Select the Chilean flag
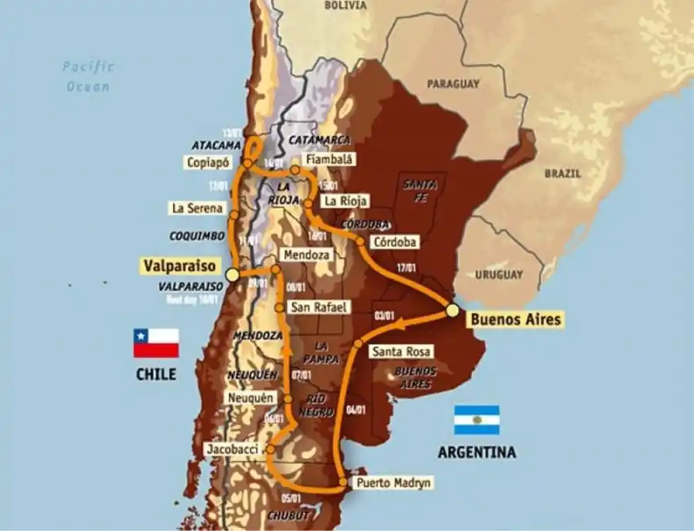(x=156, y=343)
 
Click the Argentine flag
(x=476, y=420)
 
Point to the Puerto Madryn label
(x=392, y=483)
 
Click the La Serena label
(x=197, y=208)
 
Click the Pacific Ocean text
(x=89, y=76)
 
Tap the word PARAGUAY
(x=453, y=83)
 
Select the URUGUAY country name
(x=498, y=275)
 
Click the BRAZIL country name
(x=562, y=174)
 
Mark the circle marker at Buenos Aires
(x=453, y=310)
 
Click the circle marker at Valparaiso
(x=231, y=275)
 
